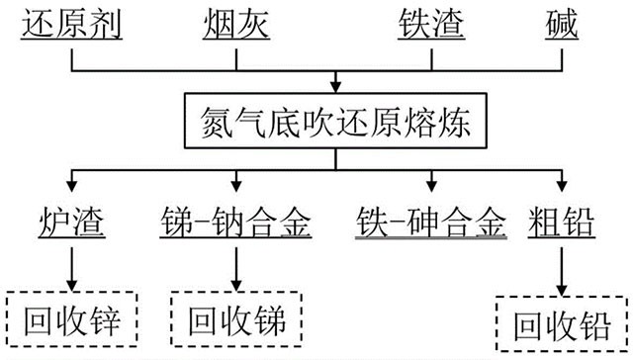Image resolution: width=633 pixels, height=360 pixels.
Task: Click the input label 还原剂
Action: coord(71,23)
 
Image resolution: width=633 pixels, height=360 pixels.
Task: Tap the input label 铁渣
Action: coord(430,23)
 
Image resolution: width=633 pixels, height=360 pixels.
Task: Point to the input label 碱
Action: coord(566,23)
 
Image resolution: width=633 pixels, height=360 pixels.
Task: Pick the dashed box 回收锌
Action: coord(71,318)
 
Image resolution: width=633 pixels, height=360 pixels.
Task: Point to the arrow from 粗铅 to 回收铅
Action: coord(562,271)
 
